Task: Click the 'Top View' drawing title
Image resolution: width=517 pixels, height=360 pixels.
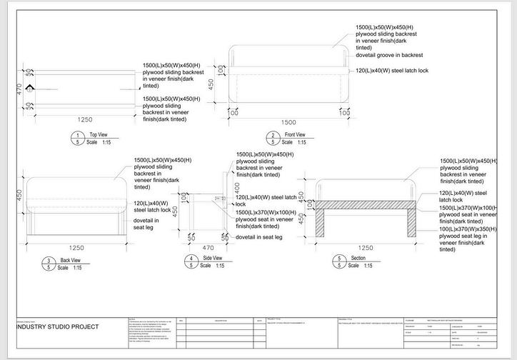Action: [98, 134]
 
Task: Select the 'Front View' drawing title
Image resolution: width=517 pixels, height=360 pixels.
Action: [295, 134]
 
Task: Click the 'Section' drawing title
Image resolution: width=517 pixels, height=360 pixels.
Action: [358, 257]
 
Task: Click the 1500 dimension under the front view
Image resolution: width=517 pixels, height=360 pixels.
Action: [289, 122]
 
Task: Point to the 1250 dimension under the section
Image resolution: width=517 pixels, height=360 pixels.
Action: [365, 247]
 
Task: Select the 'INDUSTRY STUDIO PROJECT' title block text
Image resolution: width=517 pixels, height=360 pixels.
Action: [58, 326]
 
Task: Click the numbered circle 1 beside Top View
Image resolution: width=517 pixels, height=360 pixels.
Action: [76, 134]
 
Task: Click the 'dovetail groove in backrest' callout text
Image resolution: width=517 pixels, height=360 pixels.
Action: [389, 55]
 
